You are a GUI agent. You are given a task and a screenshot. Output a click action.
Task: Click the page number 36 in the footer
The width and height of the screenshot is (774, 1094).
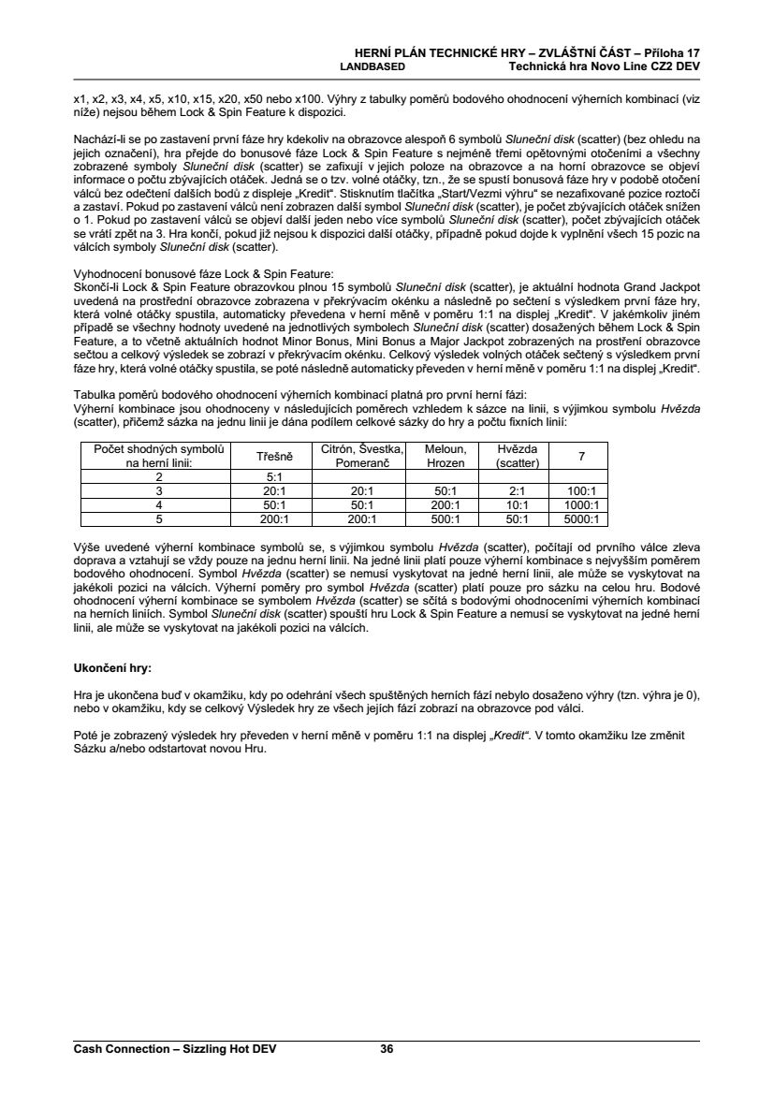387,1049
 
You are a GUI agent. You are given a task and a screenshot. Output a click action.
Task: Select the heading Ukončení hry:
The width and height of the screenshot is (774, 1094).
111,669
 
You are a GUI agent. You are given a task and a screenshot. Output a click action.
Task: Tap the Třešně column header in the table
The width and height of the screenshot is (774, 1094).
274,456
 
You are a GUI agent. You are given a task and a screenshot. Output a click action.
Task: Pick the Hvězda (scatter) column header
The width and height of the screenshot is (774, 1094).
517,456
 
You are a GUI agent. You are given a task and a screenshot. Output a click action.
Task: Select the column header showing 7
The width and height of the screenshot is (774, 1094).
582,456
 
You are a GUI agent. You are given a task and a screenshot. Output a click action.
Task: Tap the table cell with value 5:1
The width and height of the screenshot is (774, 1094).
274,475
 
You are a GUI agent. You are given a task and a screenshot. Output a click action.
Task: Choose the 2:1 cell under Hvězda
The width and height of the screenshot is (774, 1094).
517,489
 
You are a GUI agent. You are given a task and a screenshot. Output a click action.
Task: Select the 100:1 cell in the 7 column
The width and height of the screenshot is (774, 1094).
582,489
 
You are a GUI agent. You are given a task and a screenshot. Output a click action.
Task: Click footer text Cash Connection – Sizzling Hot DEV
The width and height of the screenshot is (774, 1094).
175,1049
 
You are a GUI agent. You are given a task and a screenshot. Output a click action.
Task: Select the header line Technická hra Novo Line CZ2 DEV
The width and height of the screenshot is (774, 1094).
604,67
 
